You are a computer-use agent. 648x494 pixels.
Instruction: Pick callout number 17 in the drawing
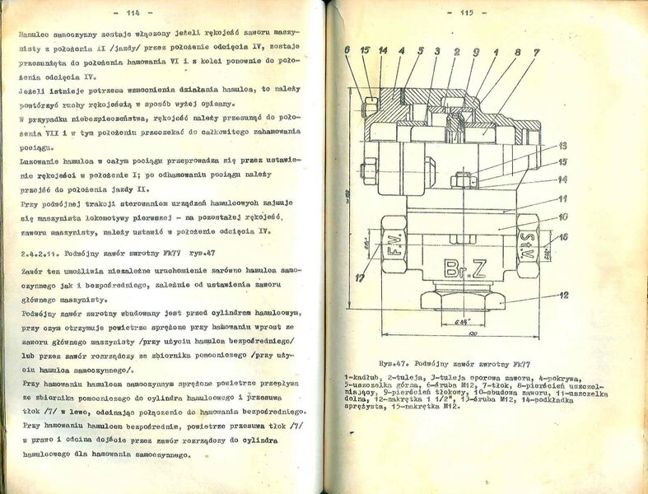361,279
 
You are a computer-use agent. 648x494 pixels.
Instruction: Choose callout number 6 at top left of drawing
348,51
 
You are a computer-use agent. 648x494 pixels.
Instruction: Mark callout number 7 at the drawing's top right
536,51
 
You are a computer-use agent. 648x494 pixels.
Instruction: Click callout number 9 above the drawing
477,51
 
